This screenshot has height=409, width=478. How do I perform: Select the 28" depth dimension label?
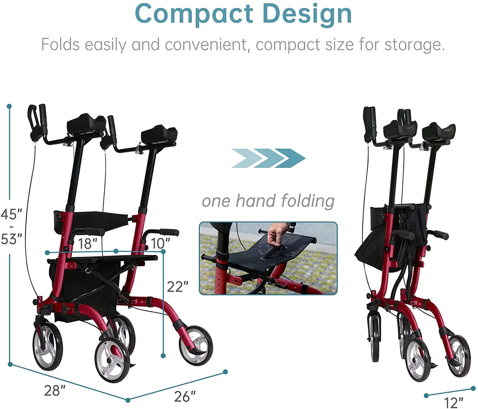(x=54, y=391)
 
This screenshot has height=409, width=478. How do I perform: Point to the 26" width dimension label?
(x=185, y=396)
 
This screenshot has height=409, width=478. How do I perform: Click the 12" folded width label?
(x=454, y=402)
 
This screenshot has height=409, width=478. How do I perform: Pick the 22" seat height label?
(x=177, y=287)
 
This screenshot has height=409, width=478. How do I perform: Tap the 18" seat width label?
(x=87, y=244)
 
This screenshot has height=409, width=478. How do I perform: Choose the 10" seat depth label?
(x=160, y=244)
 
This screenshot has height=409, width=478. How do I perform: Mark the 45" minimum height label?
(x=11, y=214)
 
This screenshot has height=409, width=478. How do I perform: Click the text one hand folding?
(x=268, y=201)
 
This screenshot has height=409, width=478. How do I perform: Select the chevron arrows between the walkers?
(x=268, y=158)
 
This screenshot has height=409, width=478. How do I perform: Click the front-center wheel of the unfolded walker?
(x=112, y=361)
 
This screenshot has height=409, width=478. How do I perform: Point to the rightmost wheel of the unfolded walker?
(x=195, y=345)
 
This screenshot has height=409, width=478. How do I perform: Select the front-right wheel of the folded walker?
(x=459, y=356)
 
